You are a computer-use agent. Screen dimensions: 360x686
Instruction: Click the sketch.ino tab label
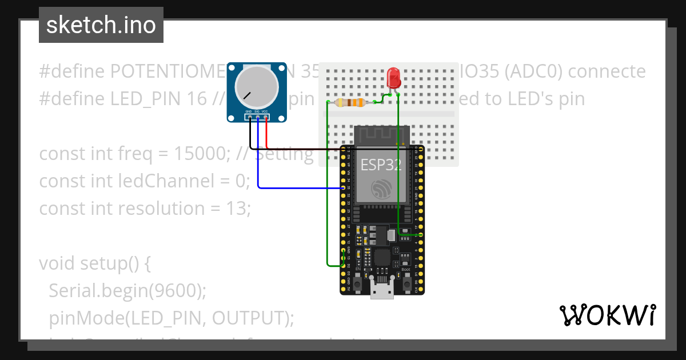pyautogui.click(x=101, y=25)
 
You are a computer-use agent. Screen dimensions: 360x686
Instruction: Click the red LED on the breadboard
pyautogui.click(x=393, y=78)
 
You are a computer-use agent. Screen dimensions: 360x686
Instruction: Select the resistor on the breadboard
pyautogui.click(x=350, y=103)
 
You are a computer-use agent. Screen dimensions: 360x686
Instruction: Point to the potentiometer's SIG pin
pyautogui.click(x=258, y=117)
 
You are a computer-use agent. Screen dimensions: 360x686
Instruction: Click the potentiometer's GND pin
pyautogui.click(x=249, y=117)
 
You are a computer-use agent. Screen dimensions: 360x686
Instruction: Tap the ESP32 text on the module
pyautogui.click(x=381, y=165)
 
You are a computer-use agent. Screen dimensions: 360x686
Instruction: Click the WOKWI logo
pyautogui.click(x=607, y=315)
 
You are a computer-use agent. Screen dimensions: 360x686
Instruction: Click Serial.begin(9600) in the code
pyautogui.click(x=127, y=291)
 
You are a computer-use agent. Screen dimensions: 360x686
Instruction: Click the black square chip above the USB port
pyautogui.click(x=381, y=258)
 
